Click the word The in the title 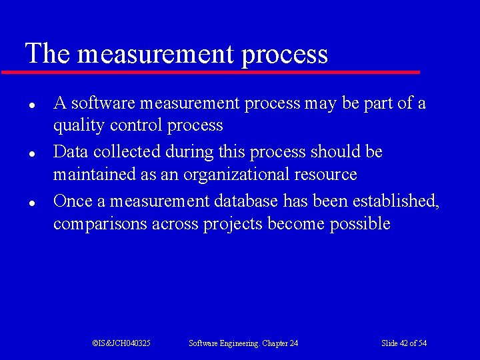[x=47, y=53]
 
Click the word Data [x=71, y=152]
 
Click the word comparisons [x=101, y=224]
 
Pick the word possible [x=360, y=224]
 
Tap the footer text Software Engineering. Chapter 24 [x=243, y=343]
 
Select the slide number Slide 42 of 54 [x=404, y=343]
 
